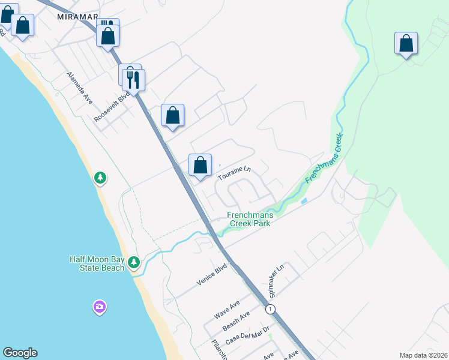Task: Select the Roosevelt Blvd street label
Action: click(x=112, y=107)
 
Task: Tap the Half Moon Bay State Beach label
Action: click(x=97, y=263)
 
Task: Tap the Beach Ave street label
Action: click(x=236, y=322)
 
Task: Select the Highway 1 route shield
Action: click(x=271, y=308)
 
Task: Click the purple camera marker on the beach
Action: click(x=100, y=307)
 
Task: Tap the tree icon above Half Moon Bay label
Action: click(x=133, y=262)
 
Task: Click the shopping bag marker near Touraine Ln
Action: click(x=200, y=165)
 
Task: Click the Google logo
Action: click(x=20, y=353)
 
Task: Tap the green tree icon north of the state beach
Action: click(x=100, y=178)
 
